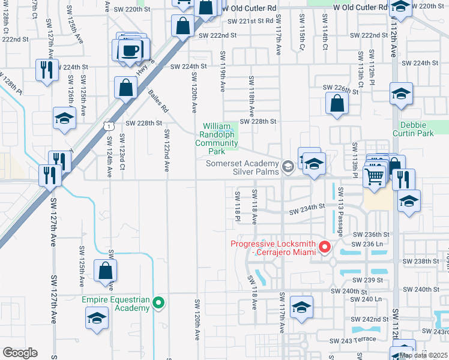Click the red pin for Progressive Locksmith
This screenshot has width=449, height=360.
point(325,247)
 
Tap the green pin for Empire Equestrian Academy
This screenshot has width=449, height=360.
point(158,302)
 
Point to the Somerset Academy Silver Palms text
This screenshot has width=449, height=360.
point(244,167)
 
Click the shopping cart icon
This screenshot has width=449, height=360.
point(374,177)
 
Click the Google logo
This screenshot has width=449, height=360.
point(20,352)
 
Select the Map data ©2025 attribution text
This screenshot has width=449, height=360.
point(423,355)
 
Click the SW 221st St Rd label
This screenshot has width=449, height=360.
point(249,21)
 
